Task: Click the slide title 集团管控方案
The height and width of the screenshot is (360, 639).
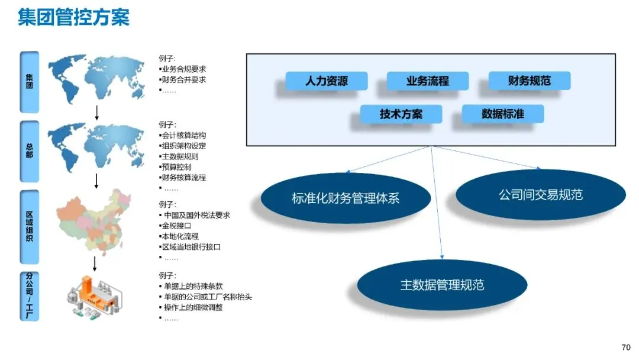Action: (74, 17)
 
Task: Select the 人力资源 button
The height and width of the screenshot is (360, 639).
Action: (327, 81)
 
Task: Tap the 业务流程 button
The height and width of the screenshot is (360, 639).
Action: (428, 81)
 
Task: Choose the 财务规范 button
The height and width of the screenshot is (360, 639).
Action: (530, 81)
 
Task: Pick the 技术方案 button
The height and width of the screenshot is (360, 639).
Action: (401, 114)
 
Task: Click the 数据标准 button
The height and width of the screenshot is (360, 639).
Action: (502, 114)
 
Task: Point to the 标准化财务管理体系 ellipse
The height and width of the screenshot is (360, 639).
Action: (346, 198)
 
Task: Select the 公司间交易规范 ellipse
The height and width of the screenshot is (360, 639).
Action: (540, 195)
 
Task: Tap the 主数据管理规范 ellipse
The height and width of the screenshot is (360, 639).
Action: (442, 285)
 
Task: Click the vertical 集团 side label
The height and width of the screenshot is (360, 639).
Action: (30, 82)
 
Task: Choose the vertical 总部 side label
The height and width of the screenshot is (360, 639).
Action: (30, 151)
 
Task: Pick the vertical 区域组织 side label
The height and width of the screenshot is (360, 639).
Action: (30, 227)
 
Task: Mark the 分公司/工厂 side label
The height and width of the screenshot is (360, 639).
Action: (30, 296)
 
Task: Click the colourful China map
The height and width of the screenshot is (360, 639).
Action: (94, 222)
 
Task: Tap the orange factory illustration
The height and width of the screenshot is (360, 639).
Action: (94, 297)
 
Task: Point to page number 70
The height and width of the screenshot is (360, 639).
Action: (626, 348)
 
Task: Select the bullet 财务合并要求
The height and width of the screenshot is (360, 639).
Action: (182, 79)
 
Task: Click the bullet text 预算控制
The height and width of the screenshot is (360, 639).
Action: (175, 167)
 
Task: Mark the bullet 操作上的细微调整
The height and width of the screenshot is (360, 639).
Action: (191, 307)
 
